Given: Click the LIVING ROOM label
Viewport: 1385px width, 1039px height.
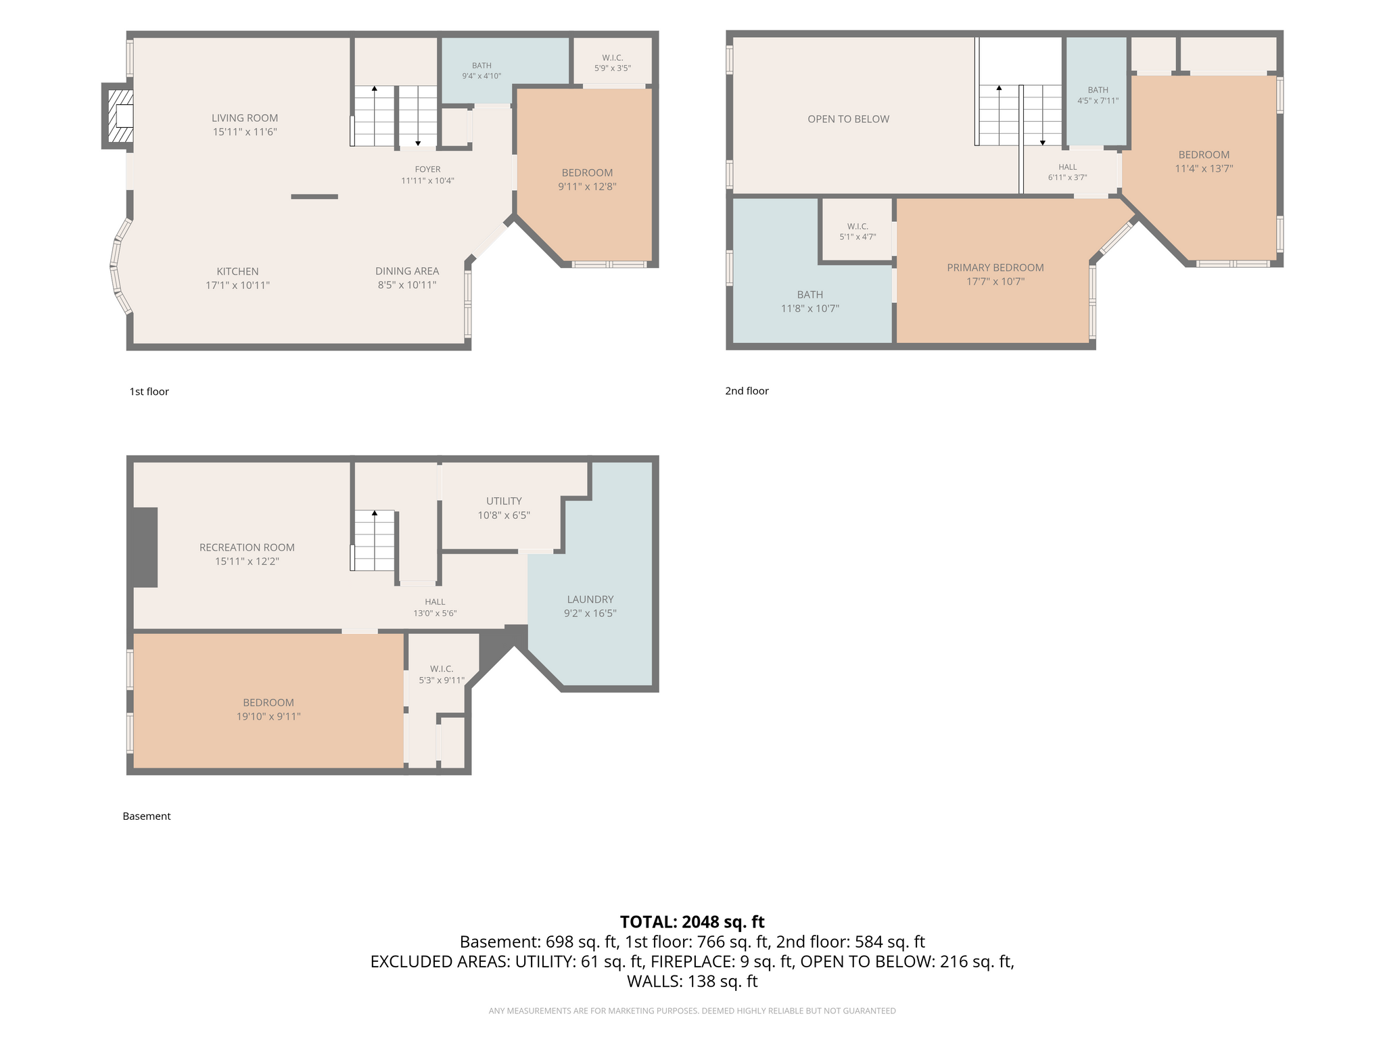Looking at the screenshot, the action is (244, 118).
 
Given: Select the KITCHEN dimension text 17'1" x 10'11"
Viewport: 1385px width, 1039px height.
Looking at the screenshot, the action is (237, 285).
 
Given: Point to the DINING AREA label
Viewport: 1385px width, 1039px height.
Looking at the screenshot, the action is (407, 271).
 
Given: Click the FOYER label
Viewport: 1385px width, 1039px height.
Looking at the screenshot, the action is (427, 169).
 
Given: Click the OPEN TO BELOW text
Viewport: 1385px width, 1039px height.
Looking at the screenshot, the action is (848, 119).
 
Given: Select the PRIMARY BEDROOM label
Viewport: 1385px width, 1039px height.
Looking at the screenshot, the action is (995, 268).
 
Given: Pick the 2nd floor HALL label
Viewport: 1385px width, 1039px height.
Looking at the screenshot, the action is (1067, 167).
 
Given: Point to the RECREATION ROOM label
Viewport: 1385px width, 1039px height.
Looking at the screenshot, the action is (247, 547).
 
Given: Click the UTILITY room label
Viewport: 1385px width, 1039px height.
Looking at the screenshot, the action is (504, 501).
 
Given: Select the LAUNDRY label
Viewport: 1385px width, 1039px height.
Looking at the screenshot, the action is (590, 599).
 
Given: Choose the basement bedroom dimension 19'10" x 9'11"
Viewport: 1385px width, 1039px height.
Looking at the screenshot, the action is (268, 716).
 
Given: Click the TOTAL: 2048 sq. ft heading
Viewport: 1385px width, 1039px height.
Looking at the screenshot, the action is (692, 922).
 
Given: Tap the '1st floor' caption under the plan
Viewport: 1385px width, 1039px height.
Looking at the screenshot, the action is (149, 392).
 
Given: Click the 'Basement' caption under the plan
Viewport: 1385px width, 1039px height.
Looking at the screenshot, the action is (146, 816).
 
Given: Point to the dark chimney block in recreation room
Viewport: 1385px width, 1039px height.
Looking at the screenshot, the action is (143, 547).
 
